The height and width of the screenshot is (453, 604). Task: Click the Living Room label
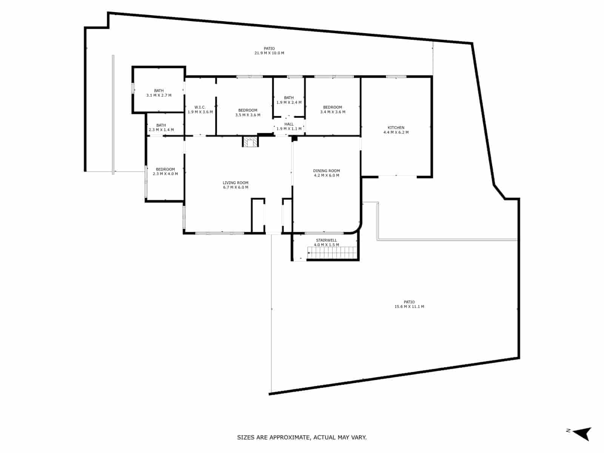tap(236, 185)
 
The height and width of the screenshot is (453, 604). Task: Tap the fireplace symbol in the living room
tap(250, 142)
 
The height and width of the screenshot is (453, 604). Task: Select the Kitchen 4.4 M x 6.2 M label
tap(396, 130)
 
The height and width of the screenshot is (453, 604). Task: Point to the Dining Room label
tap(327, 173)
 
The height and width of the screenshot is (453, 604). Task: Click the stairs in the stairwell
tap(332, 253)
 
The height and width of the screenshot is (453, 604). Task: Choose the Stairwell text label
tap(327, 240)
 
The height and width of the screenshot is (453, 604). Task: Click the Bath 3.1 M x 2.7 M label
tap(159, 93)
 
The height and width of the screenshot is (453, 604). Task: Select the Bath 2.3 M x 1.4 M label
tap(161, 128)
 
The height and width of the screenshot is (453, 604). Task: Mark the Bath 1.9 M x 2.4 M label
tap(289, 100)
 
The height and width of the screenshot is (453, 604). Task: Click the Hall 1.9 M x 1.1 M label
tap(289, 126)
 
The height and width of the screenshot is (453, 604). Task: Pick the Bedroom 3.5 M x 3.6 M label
tap(248, 112)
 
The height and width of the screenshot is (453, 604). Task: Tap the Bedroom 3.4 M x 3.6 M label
tap(333, 109)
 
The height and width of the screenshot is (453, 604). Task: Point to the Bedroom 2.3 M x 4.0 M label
tap(165, 171)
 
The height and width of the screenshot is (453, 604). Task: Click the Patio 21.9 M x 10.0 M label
tap(269, 51)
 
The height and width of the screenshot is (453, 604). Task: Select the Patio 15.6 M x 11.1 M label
tap(409, 304)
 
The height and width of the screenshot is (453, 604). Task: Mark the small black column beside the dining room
tap(295, 139)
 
